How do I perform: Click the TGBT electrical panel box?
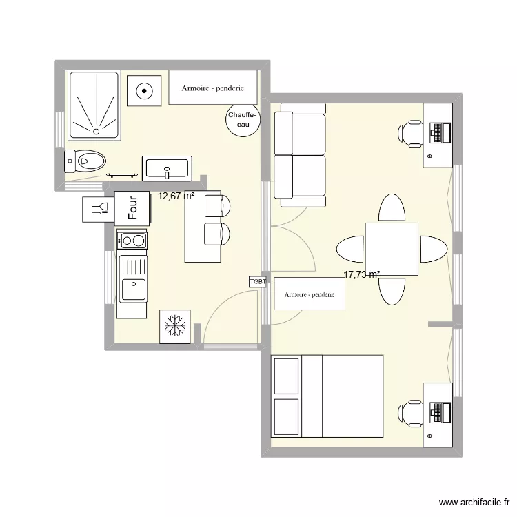point(258,281)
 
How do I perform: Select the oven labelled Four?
point(132,207)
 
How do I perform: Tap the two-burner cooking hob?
point(132,241)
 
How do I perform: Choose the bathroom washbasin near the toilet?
point(167,168)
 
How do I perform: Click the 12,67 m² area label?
point(176,196)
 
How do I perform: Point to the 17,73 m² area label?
point(362,274)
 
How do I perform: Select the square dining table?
point(392,249)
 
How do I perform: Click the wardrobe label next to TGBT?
point(309,294)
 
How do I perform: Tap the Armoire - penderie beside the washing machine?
point(213,88)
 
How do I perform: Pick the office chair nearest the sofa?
point(411,133)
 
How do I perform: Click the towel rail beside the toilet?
point(124,176)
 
